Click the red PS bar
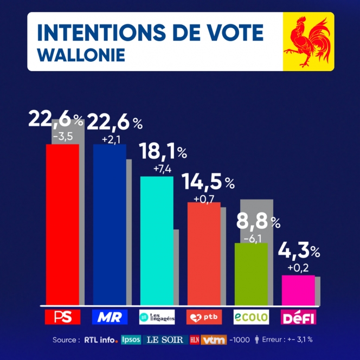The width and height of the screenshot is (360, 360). pyautogui.click(x=62, y=224)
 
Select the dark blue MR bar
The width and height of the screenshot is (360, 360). pyautogui.click(x=110, y=224)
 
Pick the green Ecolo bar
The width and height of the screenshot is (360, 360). pyautogui.click(x=251, y=274)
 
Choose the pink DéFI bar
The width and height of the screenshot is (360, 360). pyautogui.click(x=298, y=290)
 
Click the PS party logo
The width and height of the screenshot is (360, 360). pyautogui.click(x=62, y=317)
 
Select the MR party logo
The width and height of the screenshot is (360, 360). pyautogui.click(x=110, y=317)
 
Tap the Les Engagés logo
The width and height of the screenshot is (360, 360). pyautogui.click(x=157, y=317)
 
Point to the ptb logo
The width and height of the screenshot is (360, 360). pyautogui.click(x=204, y=317)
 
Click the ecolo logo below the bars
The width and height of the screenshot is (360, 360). pyautogui.click(x=251, y=317)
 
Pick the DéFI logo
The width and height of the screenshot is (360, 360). pyautogui.click(x=298, y=317)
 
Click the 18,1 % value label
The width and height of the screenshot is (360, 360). pyautogui.click(x=163, y=151)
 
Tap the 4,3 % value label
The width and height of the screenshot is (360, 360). pyautogui.click(x=299, y=251)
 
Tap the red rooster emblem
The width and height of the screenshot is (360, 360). pyautogui.click(x=308, y=42)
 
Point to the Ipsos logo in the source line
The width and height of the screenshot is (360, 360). pyautogui.click(x=131, y=340)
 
